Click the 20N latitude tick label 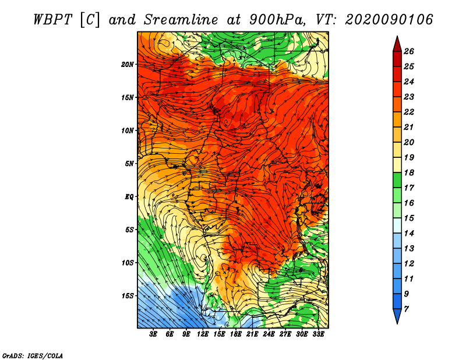(128, 65)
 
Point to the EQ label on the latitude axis (129, 197)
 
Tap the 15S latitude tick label (128, 296)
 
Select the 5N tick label (129, 164)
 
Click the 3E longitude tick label (153, 334)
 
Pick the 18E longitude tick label (236, 334)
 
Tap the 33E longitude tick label (318, 334)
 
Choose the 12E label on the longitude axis (203, 334)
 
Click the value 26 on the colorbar (409, 51)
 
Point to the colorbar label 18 (409, 172)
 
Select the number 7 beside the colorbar (406, 309)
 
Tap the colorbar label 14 (409, 234)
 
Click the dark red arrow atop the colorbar (397, 44)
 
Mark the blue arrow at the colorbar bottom (397, 316)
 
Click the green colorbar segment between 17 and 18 (397, 180)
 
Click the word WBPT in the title (52, 20)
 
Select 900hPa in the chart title (276, 20)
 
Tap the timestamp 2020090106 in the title (389, 20)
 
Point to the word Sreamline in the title (181, 20)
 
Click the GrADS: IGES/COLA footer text (33, 356)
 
